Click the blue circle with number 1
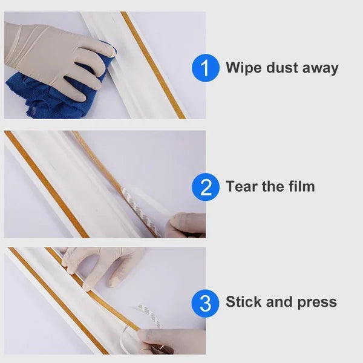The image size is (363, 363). (x=206, y=68)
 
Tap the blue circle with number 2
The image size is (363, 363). (x=206, y=186)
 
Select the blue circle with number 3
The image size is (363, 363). (x=206, y=302)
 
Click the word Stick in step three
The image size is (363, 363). (x=243, y=302)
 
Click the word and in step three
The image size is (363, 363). (x=280, y=302)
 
